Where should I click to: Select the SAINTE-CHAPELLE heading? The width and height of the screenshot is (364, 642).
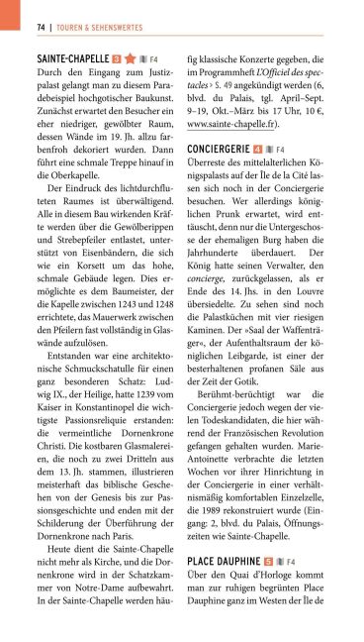point(71,59)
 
